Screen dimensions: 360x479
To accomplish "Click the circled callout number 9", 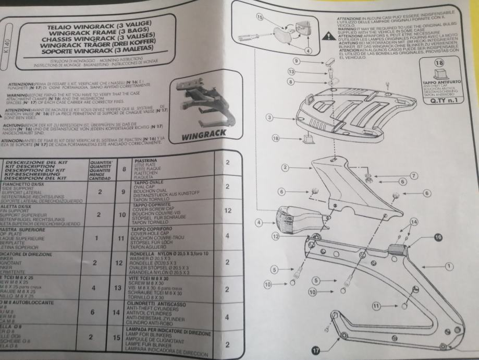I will point(295,61).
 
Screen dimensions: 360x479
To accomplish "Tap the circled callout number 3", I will point(269,117).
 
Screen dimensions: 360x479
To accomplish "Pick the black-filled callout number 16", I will point(437,237).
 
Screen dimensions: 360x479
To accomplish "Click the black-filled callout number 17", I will point(316,350).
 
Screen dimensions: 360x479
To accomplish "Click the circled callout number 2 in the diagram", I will point(285,167).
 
